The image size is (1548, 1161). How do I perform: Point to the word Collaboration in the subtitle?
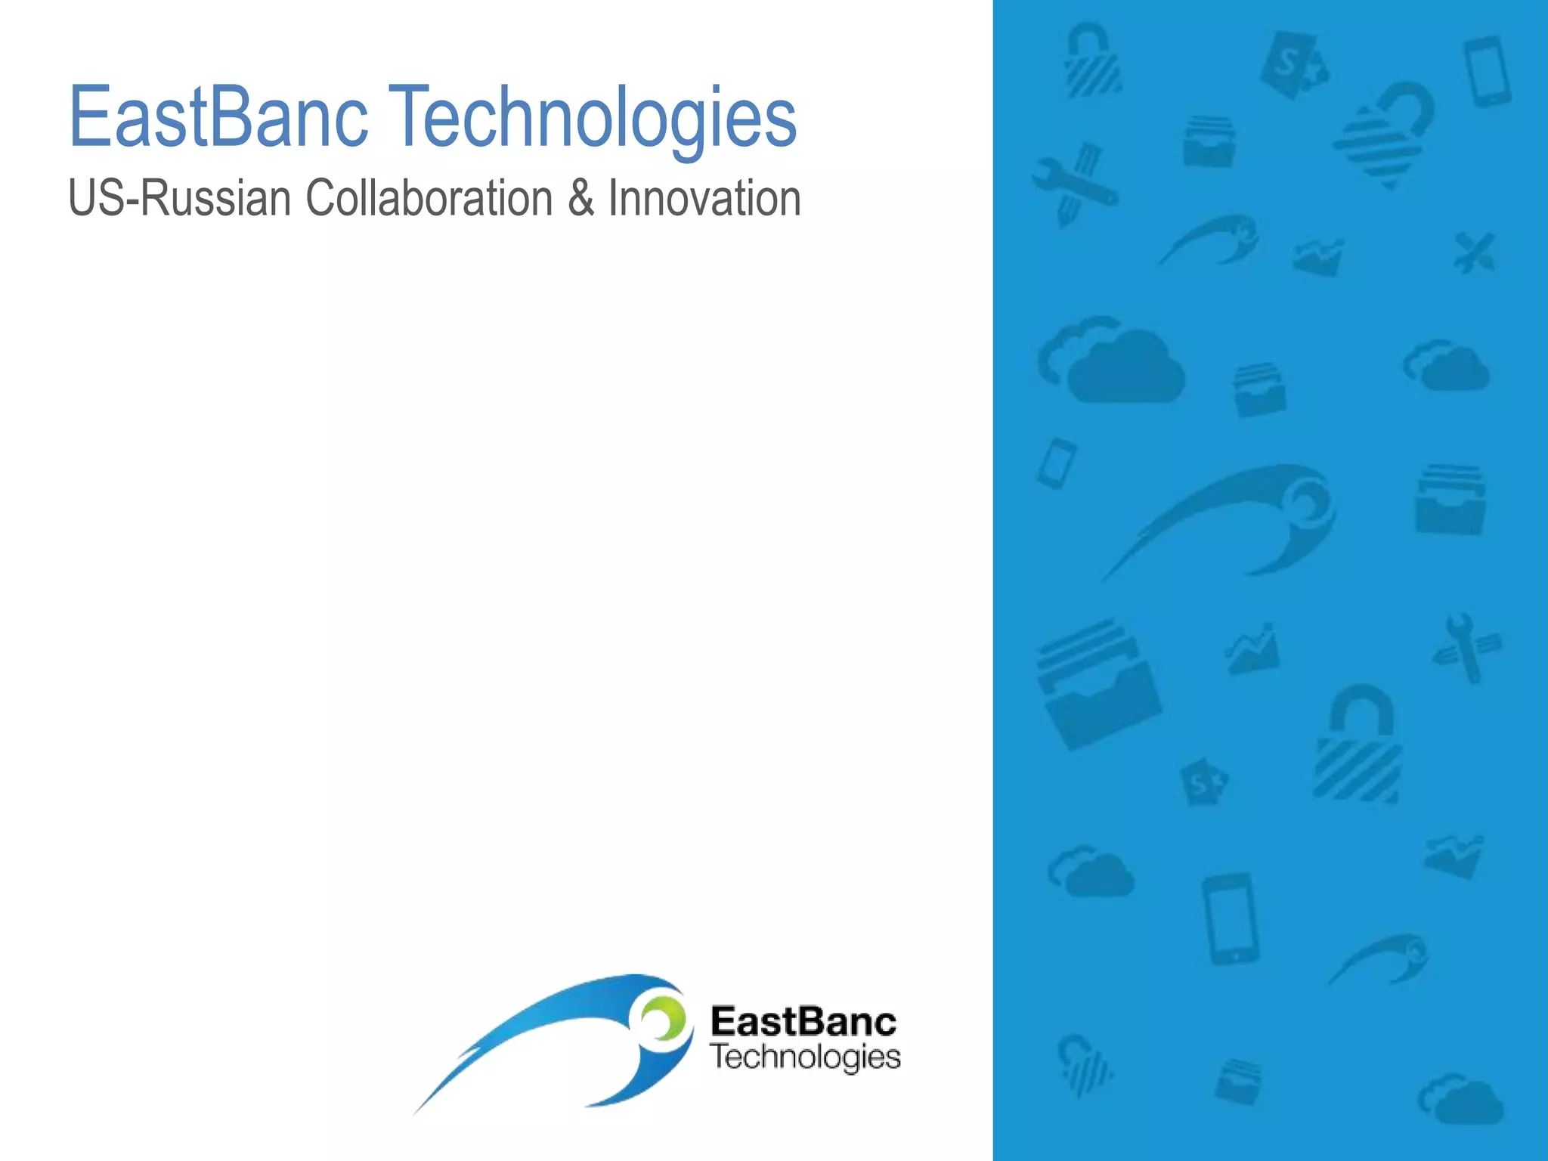[429, 199]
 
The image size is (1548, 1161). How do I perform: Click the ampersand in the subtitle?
[580, 199]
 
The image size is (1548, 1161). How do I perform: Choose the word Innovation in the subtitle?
[704, 199]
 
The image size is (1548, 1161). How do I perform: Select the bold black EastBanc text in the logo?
[803, 1022]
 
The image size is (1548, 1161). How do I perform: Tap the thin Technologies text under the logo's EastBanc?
[806, 1057]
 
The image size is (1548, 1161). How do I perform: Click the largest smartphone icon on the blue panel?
[1231, 918]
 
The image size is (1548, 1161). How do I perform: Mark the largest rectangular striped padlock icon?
[1358, 748]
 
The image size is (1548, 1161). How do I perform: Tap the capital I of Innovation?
[613, 199]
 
